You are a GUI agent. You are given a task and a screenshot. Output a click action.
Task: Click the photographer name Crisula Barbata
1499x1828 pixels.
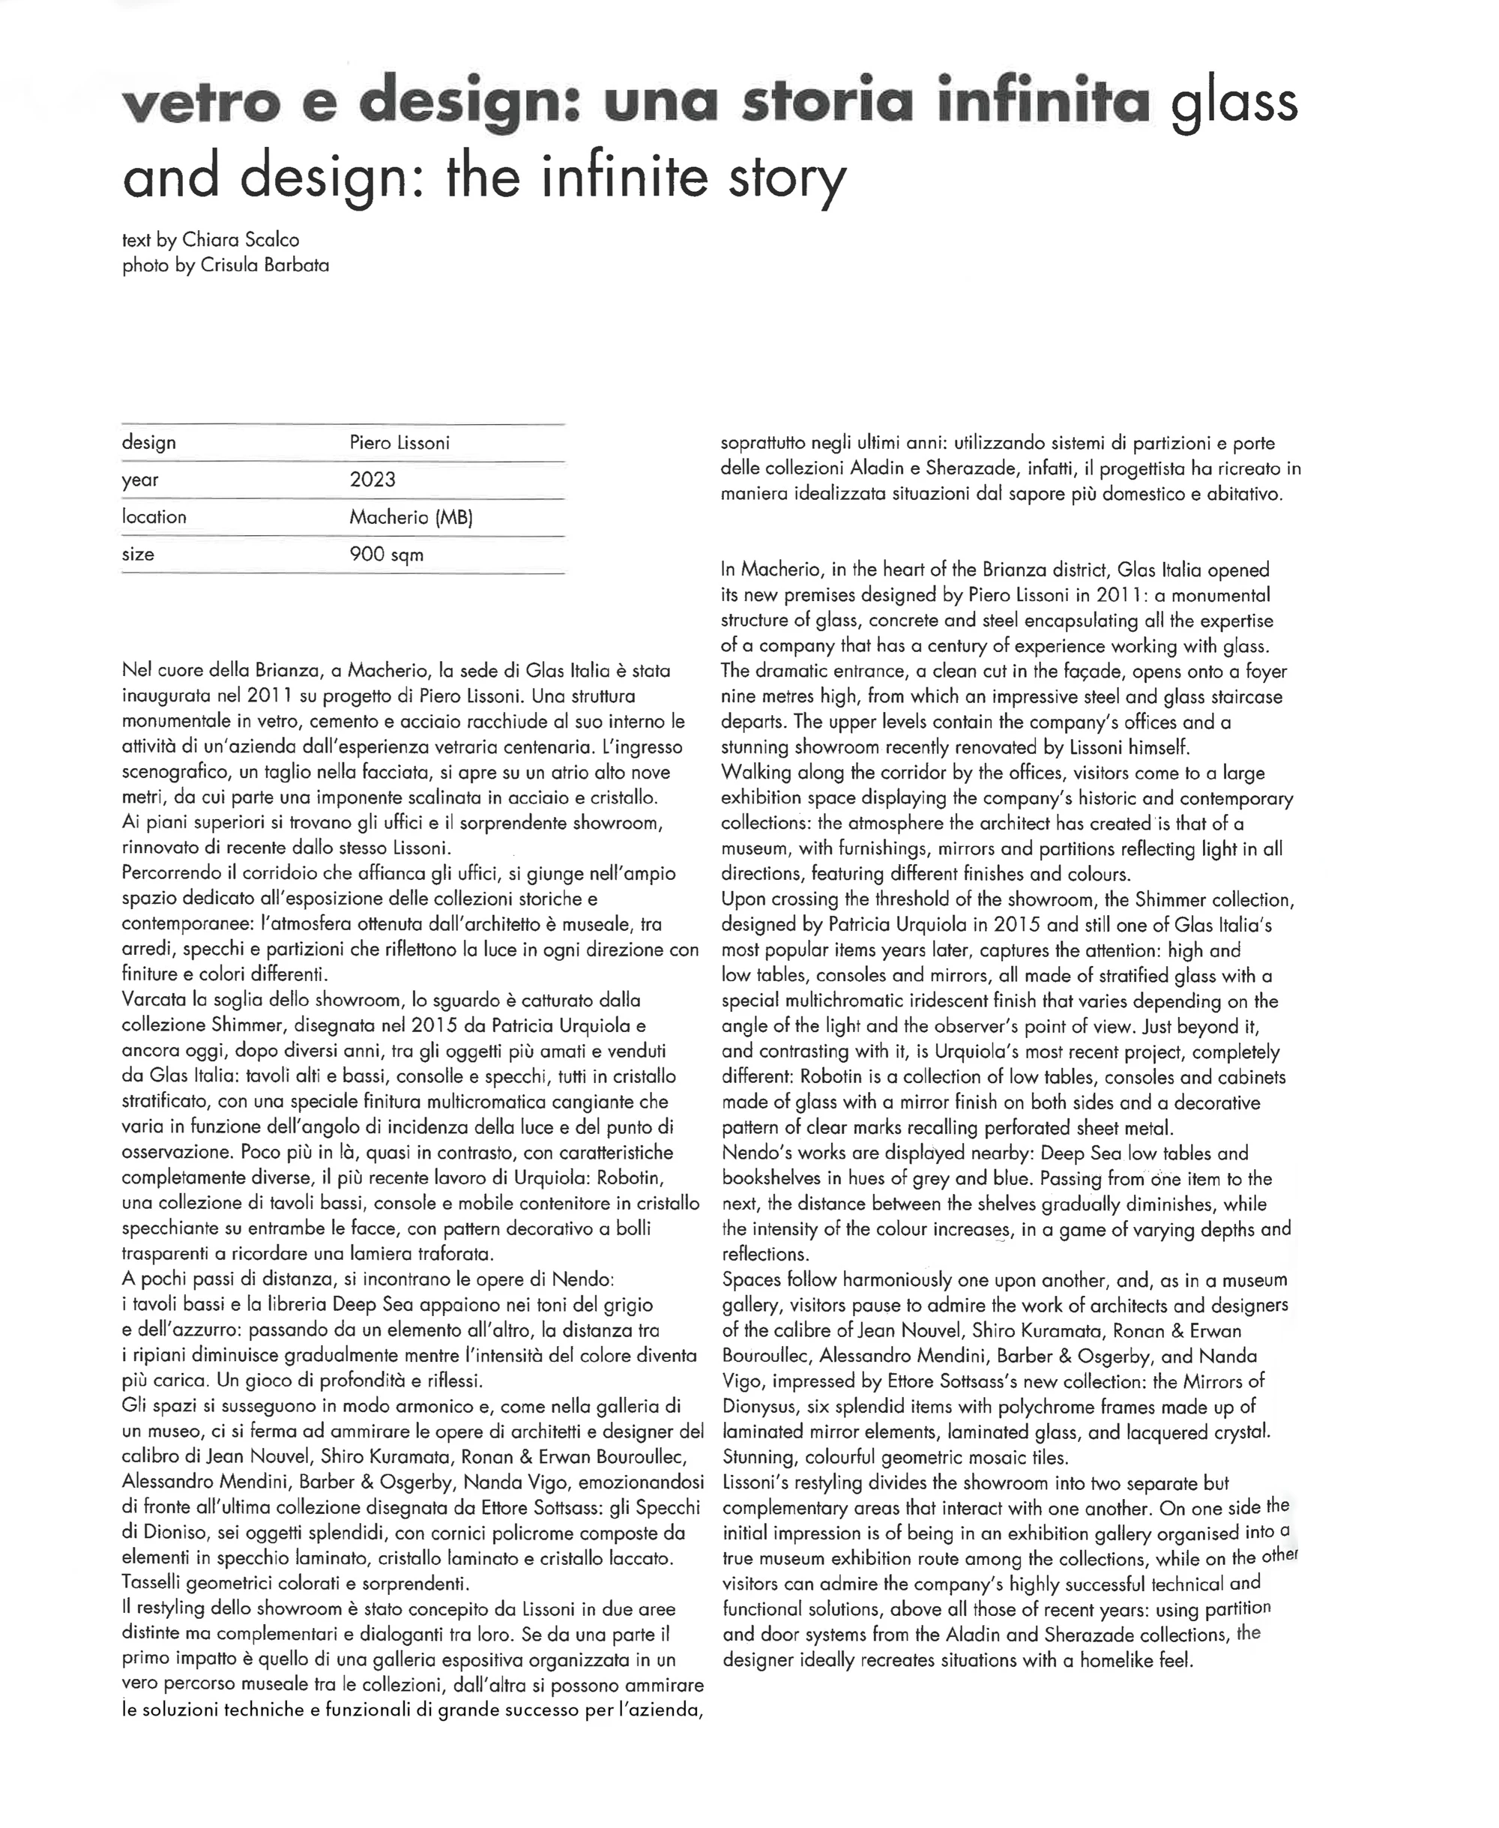(x=265, y=265)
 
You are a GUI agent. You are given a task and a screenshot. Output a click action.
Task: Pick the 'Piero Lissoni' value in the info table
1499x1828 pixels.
(x=399, y=443)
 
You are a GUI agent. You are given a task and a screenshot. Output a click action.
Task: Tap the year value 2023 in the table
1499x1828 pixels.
(x=373, y=480)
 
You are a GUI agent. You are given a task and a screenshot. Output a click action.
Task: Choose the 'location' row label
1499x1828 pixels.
(x=154, y=517)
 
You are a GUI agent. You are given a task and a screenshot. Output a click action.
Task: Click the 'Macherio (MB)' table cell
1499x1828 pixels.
(x=411, y=517)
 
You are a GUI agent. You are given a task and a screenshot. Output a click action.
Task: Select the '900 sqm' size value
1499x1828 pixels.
(x=386, y=555)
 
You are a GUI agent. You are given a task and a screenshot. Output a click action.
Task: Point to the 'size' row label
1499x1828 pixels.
(x=138, y=555)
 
